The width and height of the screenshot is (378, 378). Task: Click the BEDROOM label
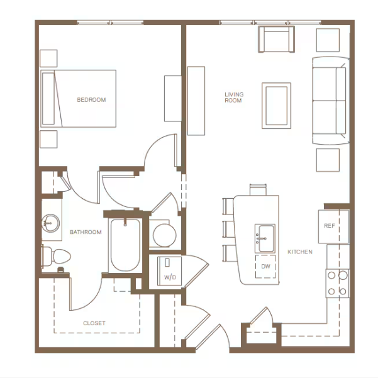[91, 100]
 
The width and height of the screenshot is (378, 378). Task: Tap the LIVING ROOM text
[234, 97]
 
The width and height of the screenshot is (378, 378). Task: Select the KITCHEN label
[300, 252]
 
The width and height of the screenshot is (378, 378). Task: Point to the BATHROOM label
[86, 232]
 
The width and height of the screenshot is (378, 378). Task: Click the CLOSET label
[94, 323]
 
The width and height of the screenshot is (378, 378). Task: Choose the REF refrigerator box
[333, 226]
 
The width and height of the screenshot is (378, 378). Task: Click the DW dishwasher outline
[265, 267]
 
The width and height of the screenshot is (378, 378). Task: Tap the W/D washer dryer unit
[169, 271]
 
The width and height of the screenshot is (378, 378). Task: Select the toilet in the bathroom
[56, 256]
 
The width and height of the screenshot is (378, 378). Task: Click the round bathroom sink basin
[50, 223]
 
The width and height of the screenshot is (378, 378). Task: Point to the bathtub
[125, 245]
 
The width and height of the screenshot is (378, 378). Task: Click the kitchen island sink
[265, 238]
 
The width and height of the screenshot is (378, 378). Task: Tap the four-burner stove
[338, 283]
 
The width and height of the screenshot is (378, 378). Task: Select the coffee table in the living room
[276, 106]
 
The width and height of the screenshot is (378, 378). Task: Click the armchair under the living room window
[276, 39]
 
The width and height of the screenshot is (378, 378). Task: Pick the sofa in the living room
[330, 101]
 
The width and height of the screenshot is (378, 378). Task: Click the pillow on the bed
[48, 99]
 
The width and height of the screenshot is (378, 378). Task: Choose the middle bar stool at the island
[228, 229]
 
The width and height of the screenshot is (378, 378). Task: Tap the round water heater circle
[164, 235]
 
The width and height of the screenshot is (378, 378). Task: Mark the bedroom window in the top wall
[111, 23]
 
